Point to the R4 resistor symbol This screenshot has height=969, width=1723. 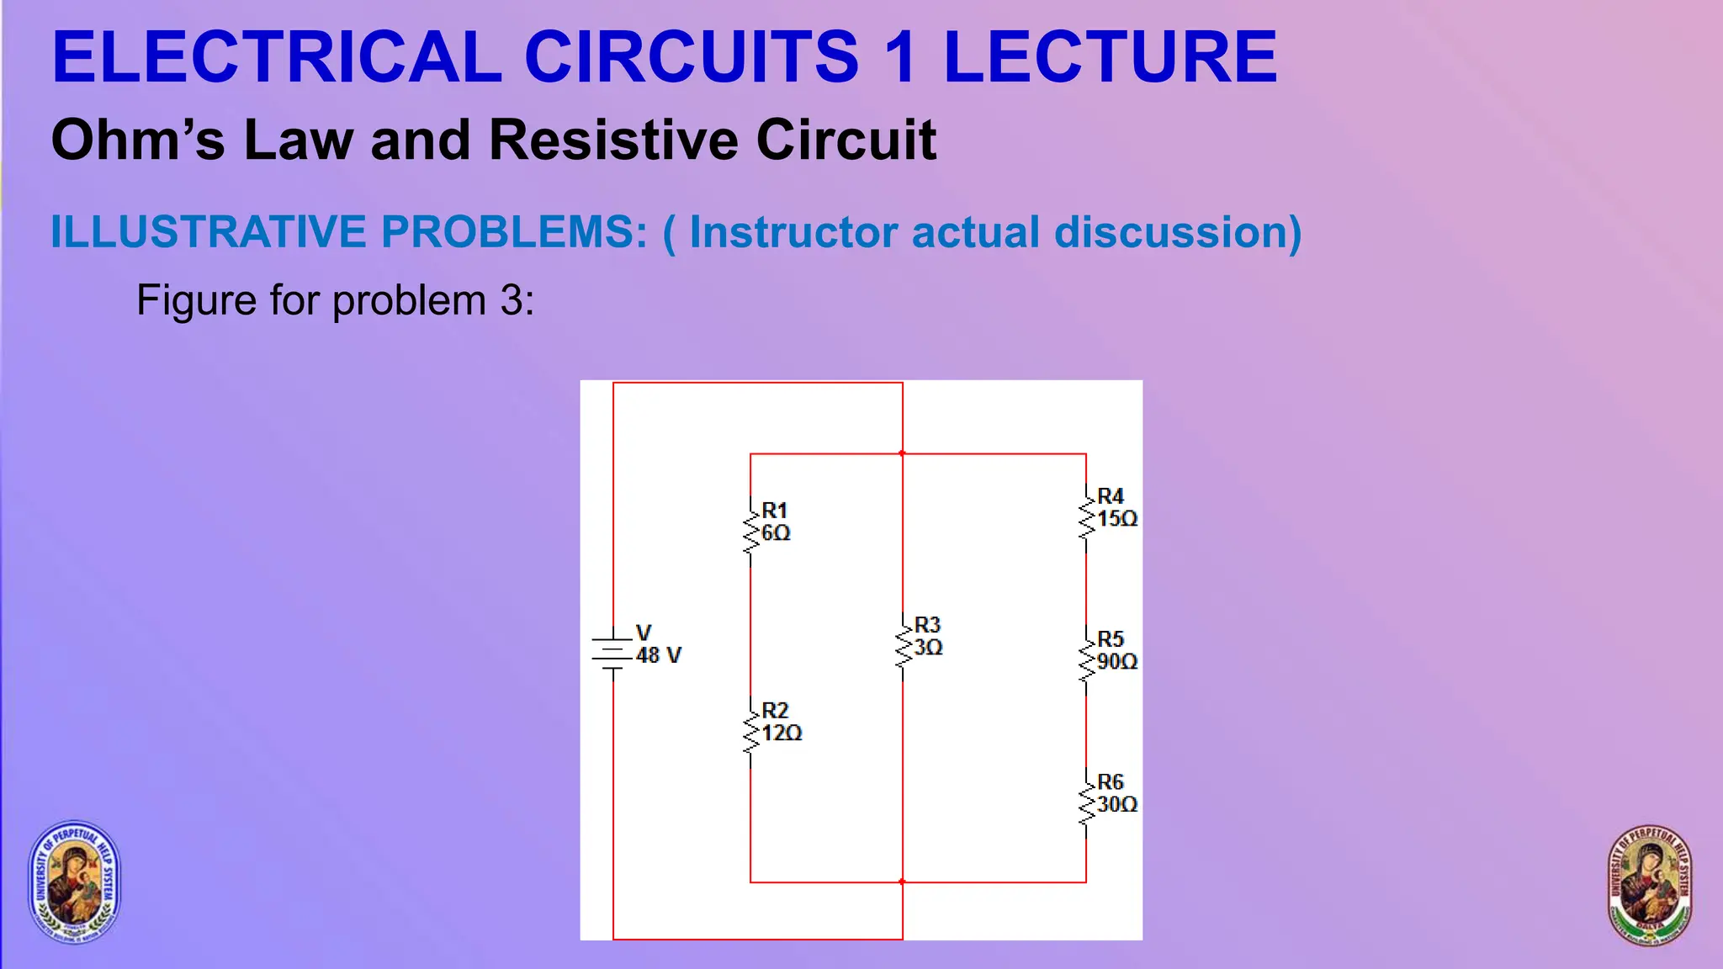[1086, 516]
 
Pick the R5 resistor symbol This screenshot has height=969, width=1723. [1086, 660]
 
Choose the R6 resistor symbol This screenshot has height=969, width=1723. [1086, 803]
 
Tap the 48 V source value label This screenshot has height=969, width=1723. [659, 655]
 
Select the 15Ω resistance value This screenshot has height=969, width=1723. [1117, 519]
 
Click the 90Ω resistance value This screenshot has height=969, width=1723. [1117, 662]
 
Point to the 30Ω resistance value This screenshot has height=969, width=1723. [1117, 805]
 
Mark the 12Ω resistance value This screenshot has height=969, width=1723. [782, 733]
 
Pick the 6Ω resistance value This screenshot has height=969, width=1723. [776, 533]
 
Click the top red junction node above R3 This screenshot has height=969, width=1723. [902, 453]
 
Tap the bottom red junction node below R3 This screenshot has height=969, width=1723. [902, 882]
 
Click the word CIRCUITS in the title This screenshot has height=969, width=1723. [692, 57]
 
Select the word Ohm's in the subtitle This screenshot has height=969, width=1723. [138, 140]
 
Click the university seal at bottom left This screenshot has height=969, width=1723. [75, 881]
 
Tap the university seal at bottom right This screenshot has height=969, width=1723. [1649, 886]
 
